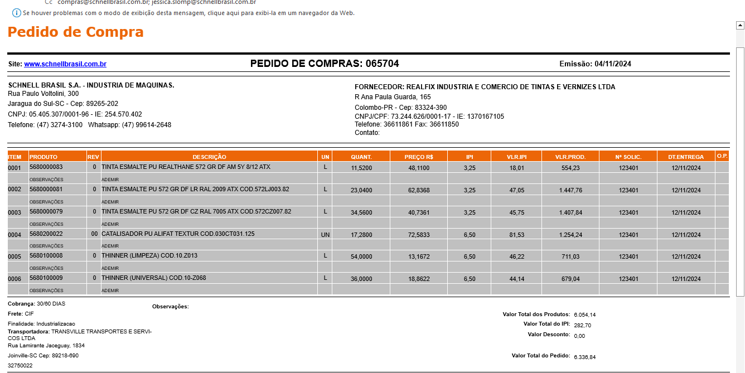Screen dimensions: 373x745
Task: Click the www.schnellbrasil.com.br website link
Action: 65,64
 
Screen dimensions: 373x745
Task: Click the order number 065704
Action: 382,64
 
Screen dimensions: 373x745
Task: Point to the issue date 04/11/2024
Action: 613,64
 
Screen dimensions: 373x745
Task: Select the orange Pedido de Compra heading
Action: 75,32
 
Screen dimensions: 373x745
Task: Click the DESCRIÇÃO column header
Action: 209,157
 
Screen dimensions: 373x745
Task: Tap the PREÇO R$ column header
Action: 418,157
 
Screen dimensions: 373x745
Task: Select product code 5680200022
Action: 46,234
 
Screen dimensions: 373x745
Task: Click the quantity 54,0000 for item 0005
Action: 361,257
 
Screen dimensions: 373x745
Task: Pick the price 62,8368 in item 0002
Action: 419,190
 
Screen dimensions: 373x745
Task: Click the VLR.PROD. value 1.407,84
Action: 570,212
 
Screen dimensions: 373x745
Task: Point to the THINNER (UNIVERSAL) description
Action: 154,278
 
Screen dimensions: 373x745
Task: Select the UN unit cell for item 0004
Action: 325,235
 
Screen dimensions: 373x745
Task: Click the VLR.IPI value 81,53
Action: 517,235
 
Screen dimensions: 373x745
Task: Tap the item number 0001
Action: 14,168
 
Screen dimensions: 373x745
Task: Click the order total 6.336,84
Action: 584,357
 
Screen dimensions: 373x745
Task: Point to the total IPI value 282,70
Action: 582,326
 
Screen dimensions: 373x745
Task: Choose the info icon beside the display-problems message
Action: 17,13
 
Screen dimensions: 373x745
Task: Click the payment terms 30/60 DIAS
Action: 51,304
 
